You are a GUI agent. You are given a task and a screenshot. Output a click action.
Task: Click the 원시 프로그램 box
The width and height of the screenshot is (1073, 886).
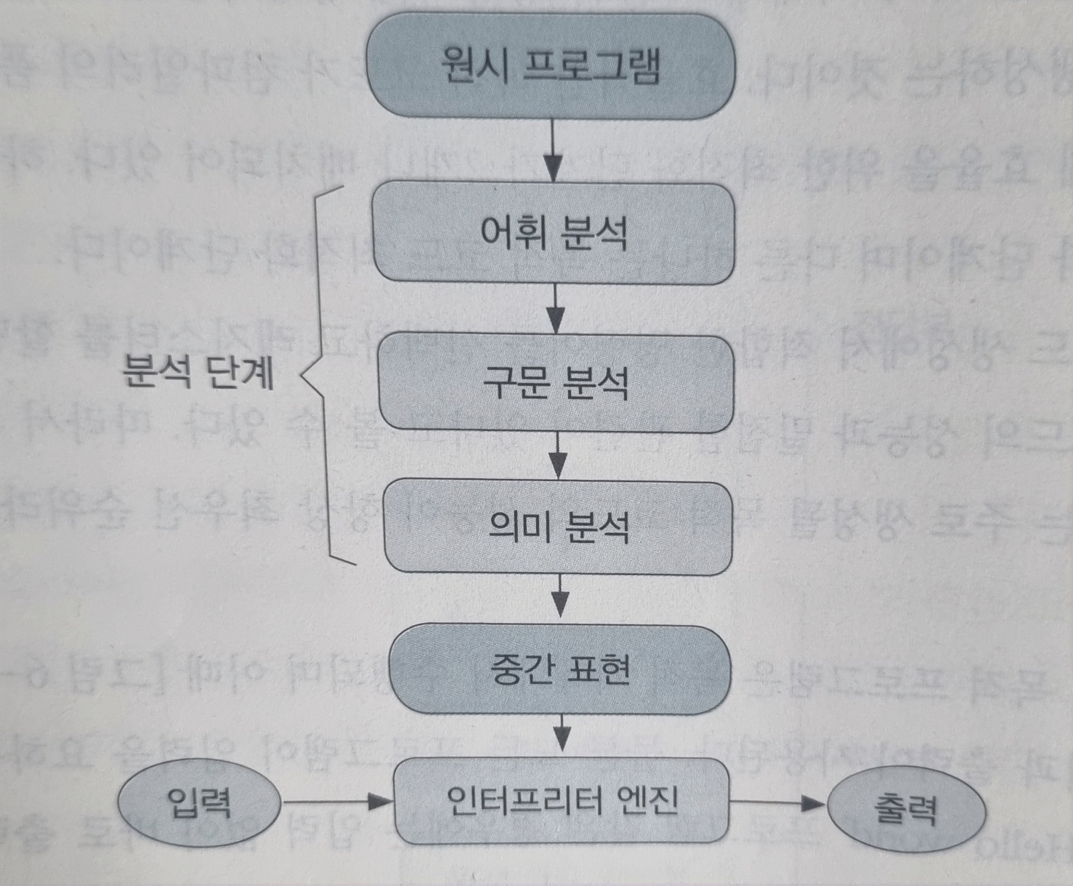pos(550,66)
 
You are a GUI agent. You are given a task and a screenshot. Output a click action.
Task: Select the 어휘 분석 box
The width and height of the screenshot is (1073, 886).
pos(554,233)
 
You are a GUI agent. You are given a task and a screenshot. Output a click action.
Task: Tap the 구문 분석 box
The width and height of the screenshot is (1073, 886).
pos(556,382)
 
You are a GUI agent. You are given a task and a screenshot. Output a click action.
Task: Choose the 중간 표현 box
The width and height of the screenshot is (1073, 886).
pos(559,669)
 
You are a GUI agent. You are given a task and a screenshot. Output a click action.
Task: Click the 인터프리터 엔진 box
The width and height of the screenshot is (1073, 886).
pos(561,801)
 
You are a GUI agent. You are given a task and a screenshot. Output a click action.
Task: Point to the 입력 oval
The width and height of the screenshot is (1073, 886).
pos(198,804)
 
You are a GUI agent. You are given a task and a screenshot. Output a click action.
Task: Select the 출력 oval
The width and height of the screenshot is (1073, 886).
pos(906,809)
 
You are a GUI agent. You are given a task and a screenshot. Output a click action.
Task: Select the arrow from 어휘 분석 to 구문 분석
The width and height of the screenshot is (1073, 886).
pos(556,309)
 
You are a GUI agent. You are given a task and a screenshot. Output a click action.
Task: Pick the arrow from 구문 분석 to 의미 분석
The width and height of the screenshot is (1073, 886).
pos(558,456)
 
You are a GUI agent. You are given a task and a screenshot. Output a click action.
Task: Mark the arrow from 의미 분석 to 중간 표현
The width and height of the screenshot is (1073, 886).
pos(559,599)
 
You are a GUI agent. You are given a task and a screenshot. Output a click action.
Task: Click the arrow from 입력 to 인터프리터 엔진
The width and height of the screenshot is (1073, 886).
pos(338,802)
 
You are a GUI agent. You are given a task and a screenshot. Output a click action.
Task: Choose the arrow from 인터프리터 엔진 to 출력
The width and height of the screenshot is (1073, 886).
pos(777,803)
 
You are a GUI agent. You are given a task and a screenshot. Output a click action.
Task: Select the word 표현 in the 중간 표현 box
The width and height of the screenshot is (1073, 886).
pos(597,669)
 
